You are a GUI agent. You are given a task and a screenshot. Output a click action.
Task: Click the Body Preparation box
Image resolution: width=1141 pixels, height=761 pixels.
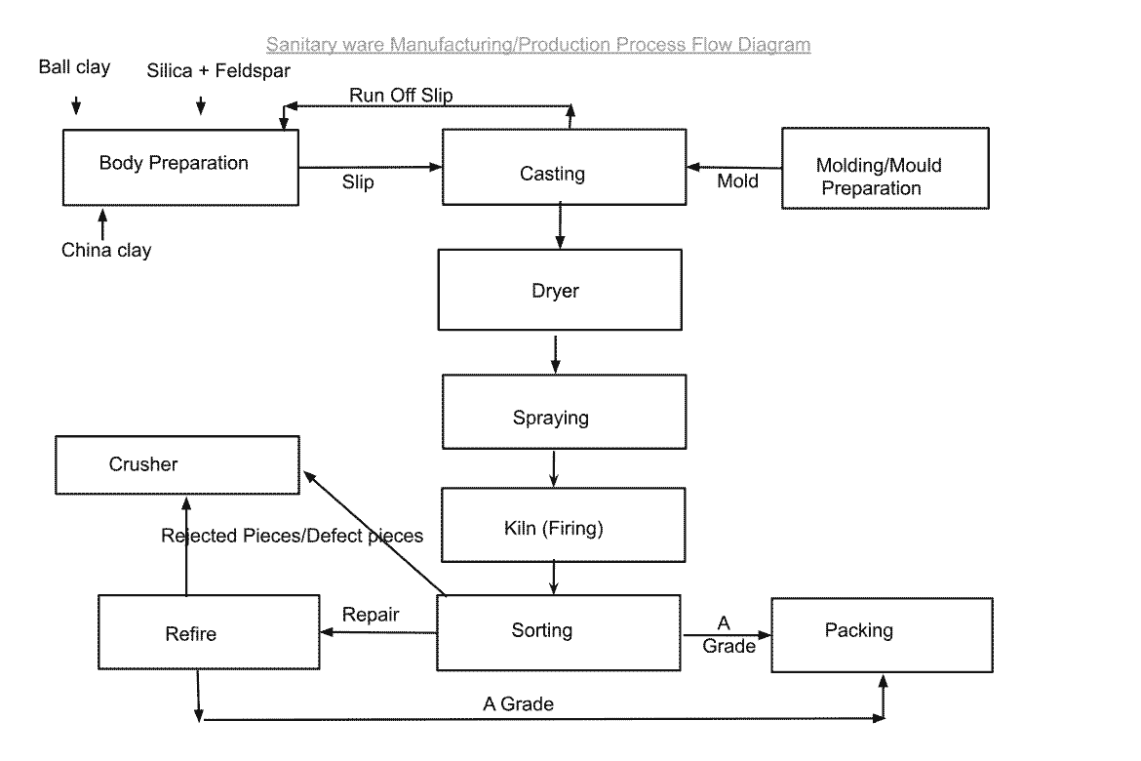(180, 167)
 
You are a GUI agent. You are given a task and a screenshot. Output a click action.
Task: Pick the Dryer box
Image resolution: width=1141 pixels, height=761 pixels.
(559, 290)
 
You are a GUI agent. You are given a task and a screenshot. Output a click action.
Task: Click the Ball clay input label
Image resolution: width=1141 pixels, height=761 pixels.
(74, 67)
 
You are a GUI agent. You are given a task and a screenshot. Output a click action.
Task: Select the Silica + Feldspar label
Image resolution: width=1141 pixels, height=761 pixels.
(218, 71)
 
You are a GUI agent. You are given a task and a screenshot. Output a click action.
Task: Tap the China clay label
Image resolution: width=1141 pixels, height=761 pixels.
(106, 251)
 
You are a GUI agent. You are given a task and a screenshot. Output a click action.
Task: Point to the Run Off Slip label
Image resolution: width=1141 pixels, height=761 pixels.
(401, 95)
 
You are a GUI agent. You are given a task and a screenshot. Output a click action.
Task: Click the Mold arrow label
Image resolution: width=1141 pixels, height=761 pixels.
(737, 180)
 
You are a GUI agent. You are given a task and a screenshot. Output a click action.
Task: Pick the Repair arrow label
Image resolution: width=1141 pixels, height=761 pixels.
(371, 615)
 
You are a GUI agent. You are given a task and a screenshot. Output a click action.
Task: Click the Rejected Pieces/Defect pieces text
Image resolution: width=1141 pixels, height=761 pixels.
(292, 536)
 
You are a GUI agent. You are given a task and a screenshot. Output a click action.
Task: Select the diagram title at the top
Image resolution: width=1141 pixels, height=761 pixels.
(537, 44)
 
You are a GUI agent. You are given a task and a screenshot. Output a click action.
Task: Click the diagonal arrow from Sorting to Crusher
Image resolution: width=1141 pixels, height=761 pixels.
(374, 533)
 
